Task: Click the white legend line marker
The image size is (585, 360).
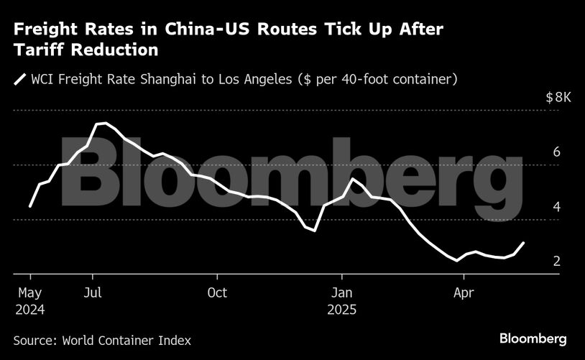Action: (20, 80)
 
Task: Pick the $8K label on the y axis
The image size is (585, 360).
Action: (558, 98)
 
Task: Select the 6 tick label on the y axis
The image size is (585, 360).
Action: (556, 152)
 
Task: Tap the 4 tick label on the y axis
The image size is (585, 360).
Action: (556, 207)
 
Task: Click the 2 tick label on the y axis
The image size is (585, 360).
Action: (556, 262)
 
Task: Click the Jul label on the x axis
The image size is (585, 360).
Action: (91, 292)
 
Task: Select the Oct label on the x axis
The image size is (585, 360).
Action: (216, 292)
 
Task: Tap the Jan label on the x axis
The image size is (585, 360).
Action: (341, 292)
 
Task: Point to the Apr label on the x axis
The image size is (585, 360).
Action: (464, 292)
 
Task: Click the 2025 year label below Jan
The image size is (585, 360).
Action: (342, 310)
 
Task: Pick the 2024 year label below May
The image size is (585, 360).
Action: (29, 310)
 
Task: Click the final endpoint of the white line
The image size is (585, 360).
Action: (523, 243)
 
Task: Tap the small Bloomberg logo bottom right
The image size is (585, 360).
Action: (533, 338)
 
